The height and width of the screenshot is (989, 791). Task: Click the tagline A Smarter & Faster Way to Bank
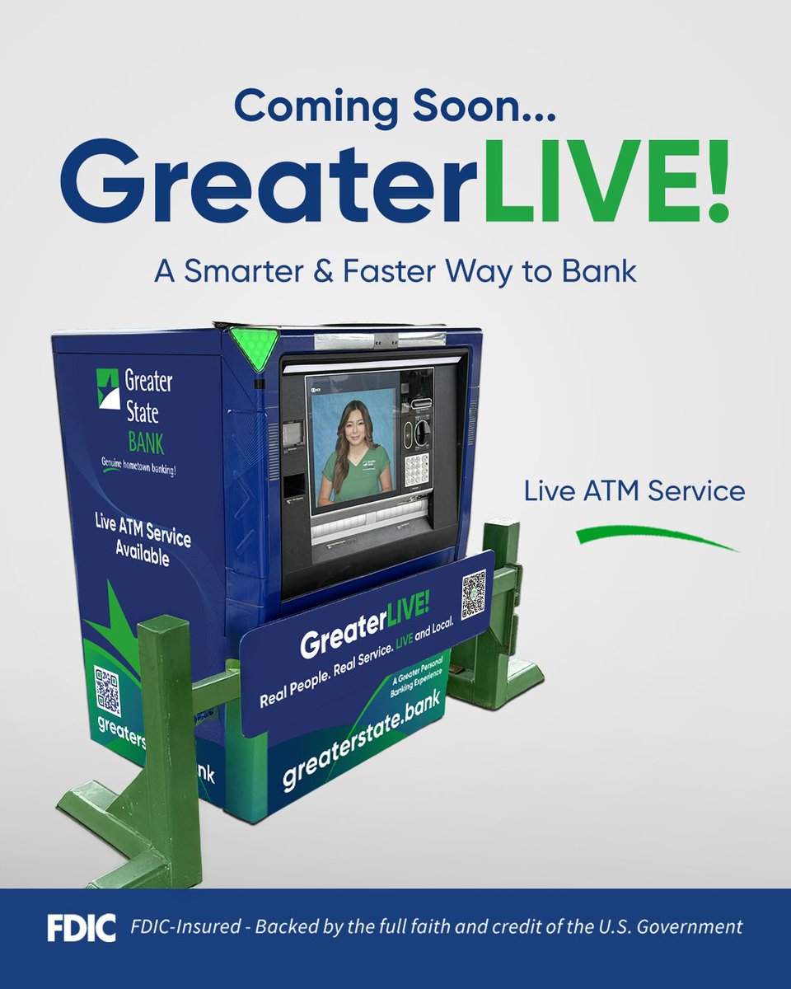[x=395, y=271]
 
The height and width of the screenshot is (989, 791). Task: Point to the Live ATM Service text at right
[x=634, y=492]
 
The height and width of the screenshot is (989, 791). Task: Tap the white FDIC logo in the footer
[x=80, y=926]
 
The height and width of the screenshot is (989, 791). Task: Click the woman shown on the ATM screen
[x=351, y=449]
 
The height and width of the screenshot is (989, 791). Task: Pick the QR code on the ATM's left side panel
[x=107, y=691]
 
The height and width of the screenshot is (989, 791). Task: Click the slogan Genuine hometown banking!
[x=138, y=466]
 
